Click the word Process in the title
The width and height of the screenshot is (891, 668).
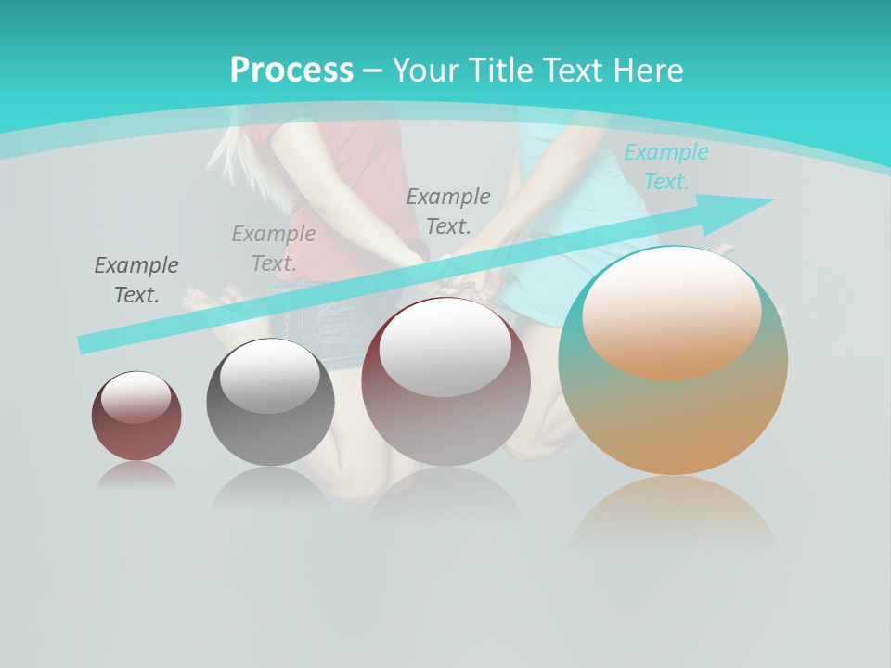291,71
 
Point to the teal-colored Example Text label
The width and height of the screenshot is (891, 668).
665,167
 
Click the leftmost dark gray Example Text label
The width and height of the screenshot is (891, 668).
136,280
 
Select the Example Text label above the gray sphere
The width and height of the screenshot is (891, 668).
273,249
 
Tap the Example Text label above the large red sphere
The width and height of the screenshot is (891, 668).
448,211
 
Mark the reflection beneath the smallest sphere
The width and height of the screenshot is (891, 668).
136,476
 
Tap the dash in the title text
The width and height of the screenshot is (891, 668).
373,71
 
